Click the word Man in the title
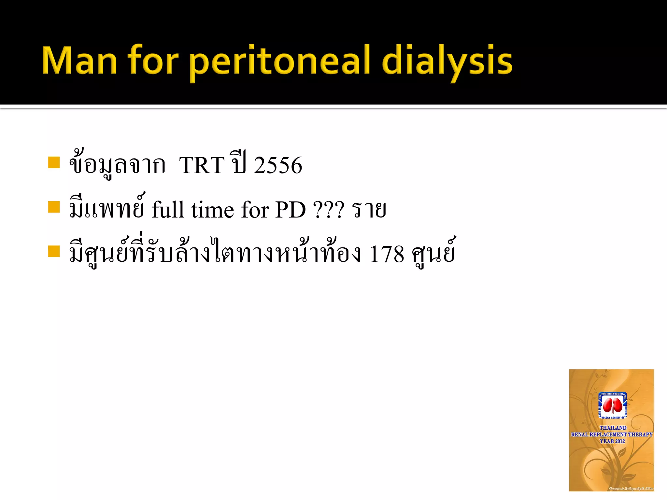click(79, 61)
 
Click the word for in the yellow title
click(153, 61)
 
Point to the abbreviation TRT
click(202, 165)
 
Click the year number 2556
click(278, 165)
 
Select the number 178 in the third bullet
click(387, 254)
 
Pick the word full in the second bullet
click(168, 210)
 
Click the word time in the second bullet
click(212, 210)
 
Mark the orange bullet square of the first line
click(54, 162)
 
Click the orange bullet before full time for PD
click(54, 207)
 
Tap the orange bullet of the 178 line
click(54, 251)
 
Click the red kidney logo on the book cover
click(612, 406)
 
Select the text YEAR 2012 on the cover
click(612, 441)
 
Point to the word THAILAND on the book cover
click(613, 428)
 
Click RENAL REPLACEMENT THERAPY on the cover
click(612, 434)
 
